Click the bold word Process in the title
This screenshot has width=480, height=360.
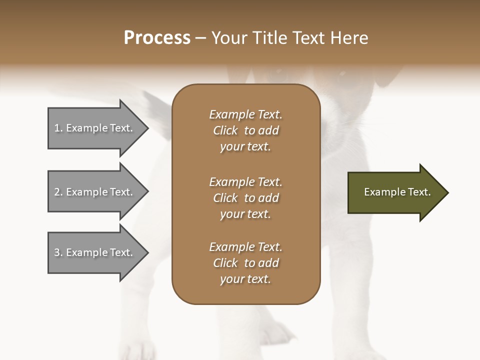click(x=157, y=38)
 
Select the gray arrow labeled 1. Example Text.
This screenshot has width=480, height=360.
click(x=95, y=128)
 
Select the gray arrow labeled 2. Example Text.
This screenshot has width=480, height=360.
click(x=95, y=192)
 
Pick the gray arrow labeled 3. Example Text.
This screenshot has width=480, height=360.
click(x=95, y=252)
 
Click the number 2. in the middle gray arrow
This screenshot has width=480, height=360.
click(x=58, y=192)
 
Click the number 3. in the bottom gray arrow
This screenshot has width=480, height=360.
click(x=58, y=252)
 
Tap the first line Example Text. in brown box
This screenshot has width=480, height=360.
click(x=245, y=114)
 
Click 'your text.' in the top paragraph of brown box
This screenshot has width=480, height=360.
click(x=245, y=147)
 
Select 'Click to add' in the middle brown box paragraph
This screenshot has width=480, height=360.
click(x=245, y=198)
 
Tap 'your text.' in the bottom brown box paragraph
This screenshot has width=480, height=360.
click(x=245, y=279)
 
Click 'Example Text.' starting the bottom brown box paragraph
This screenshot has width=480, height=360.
click(x=245, y=247)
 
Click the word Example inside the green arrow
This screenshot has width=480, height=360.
click(x=381, y=192)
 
